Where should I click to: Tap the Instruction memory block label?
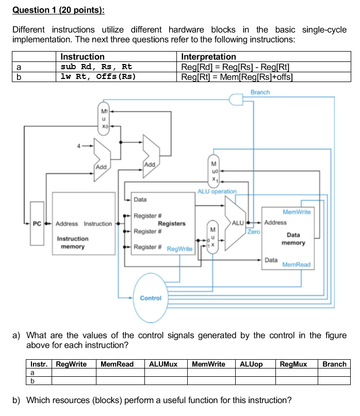pyautogui.click(x=72, y=243)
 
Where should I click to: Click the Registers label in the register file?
pyautogui.click(x=171, y=223)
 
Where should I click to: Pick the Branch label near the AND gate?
pyautogui.click(x=260, y=92)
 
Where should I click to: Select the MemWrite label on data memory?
pyautogui.click(x=297, y=212)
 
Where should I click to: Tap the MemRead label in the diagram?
pyautogui.click(x=297, y=264)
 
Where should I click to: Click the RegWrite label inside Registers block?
pyautogui.click(x=179, y=249)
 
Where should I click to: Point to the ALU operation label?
pyautogui.click(x=217, y=191)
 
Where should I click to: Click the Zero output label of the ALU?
pyautogui.click(x=254, y=232)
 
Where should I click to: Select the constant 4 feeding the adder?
pyautogui.click(x=79, y=146)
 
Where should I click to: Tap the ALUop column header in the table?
pyautogui.click(x=251, y=364)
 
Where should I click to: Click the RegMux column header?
pyautogui.click(x=293, y=364)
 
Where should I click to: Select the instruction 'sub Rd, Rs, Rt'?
pyautogui.click(x=96, y=67)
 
